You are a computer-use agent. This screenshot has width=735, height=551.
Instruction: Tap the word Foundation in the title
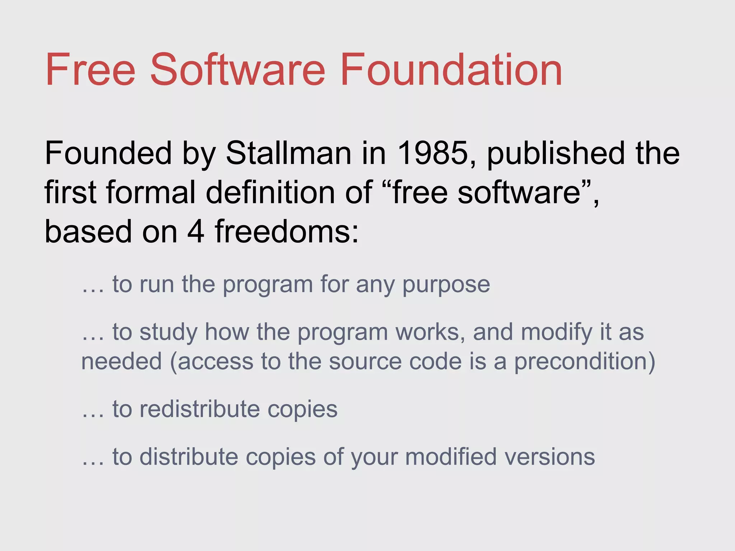pos(451,70)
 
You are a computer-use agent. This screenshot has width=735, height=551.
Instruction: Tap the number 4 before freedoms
pos(196,231)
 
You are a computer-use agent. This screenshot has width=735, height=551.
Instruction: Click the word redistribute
pos(200,409)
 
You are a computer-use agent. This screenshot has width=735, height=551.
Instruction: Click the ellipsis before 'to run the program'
pos(93,291)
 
